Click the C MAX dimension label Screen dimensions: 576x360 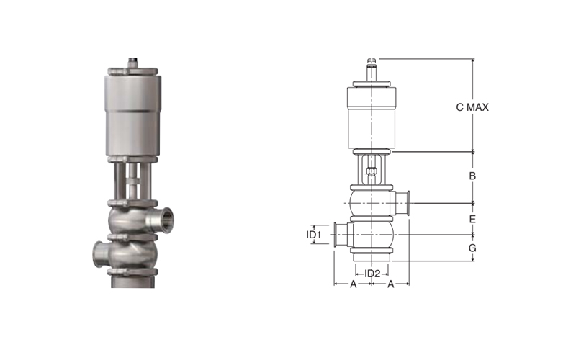tap(472, 107)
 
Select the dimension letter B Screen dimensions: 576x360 tap(472, 176)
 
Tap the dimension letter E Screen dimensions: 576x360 tap(472, 219)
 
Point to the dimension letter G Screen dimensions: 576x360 tap(472, 248)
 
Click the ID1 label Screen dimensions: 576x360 tap(314, 235)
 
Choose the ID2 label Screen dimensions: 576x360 tap(372, 274)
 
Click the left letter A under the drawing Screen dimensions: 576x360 tap(353, 284)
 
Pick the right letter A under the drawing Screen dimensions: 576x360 tap(391, 284)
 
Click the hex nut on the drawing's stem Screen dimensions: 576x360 tap(372, 171)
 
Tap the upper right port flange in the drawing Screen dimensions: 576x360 tap(408, 203)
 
